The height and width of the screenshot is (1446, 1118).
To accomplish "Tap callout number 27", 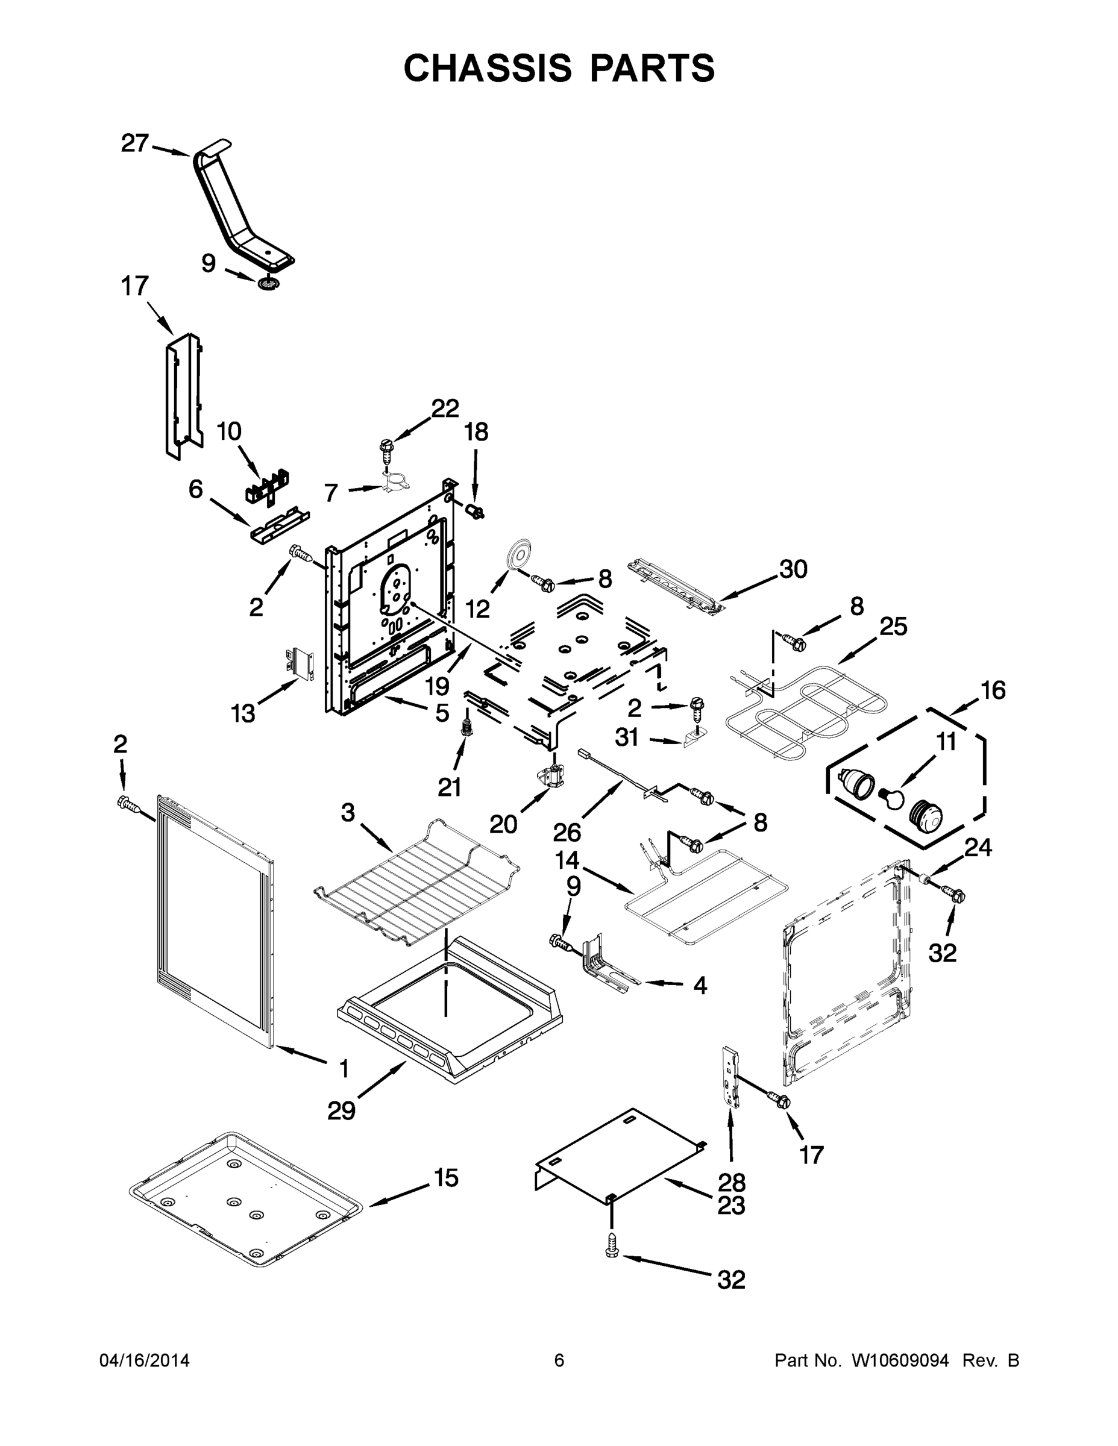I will coord(134,143).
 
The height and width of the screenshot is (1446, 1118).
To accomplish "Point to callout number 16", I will coord(993,690).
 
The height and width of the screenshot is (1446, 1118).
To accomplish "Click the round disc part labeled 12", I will coord(515,555).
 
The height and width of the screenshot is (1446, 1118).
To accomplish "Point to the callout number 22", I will coord(445,408).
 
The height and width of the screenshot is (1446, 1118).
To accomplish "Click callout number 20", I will coord(503,824).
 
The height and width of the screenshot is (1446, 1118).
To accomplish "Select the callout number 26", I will coord(567,831).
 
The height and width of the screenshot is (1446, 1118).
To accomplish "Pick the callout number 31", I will coord(627,737).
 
